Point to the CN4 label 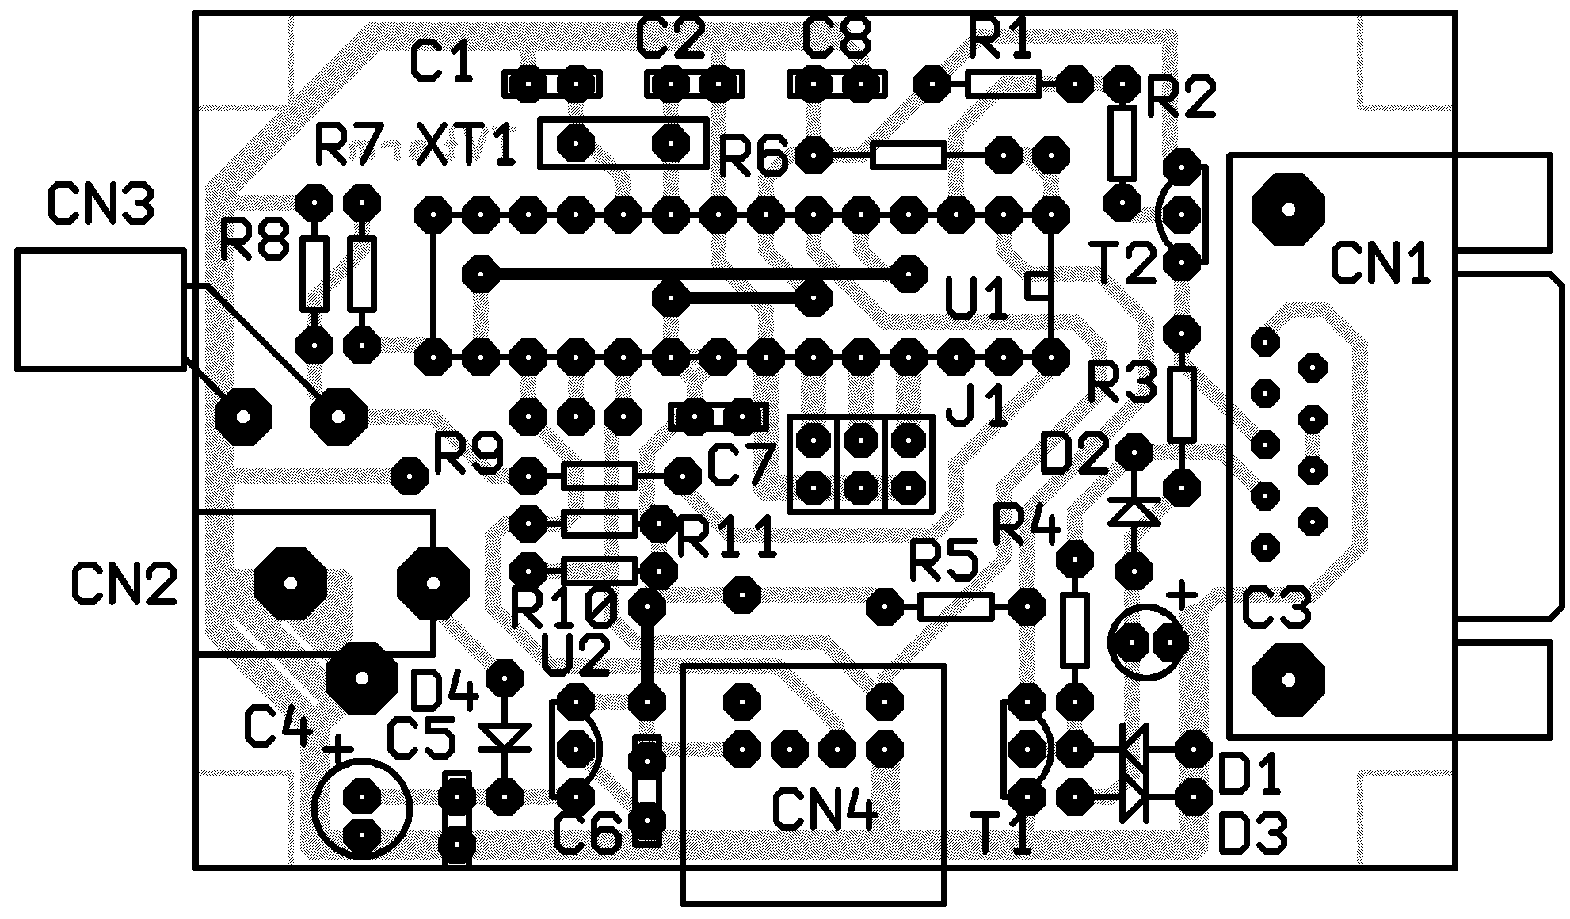(x=824, y=810)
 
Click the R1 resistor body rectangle (x=1003, y=83)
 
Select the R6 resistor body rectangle (x=908, y=155)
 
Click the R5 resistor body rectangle (x=955, y=607)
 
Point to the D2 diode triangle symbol (x=1134, y=511)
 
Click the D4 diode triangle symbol (x=504, y=738)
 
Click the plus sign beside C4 (x=339, y=748)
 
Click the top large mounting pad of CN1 (x=1288, y=209)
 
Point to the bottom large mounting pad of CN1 (x=1288, y=679)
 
